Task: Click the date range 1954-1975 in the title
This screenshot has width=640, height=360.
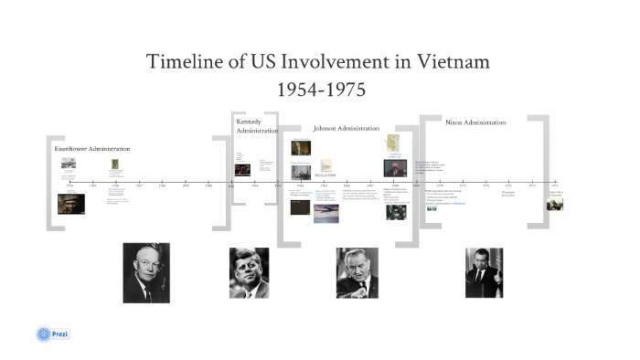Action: click(320, 90)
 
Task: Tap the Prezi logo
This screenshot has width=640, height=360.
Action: click(53, 334)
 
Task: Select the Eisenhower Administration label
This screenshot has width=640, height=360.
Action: click(91, 148)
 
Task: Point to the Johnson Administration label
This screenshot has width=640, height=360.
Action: click(346, 129)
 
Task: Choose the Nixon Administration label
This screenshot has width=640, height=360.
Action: click(475, 122)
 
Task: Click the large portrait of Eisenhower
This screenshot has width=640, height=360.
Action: click(146, 272)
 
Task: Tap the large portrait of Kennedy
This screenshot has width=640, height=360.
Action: click(249, 272)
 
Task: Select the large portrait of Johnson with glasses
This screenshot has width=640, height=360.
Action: click(357, 272)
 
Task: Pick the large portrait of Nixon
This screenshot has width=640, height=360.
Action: click(484, 272)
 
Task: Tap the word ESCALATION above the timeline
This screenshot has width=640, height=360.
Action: click(325, 175)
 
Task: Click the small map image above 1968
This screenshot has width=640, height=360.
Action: click(393, 143)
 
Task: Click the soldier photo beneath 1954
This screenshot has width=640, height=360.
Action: click(70, 204)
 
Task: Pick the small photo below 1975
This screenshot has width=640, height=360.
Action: click(555, 204)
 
